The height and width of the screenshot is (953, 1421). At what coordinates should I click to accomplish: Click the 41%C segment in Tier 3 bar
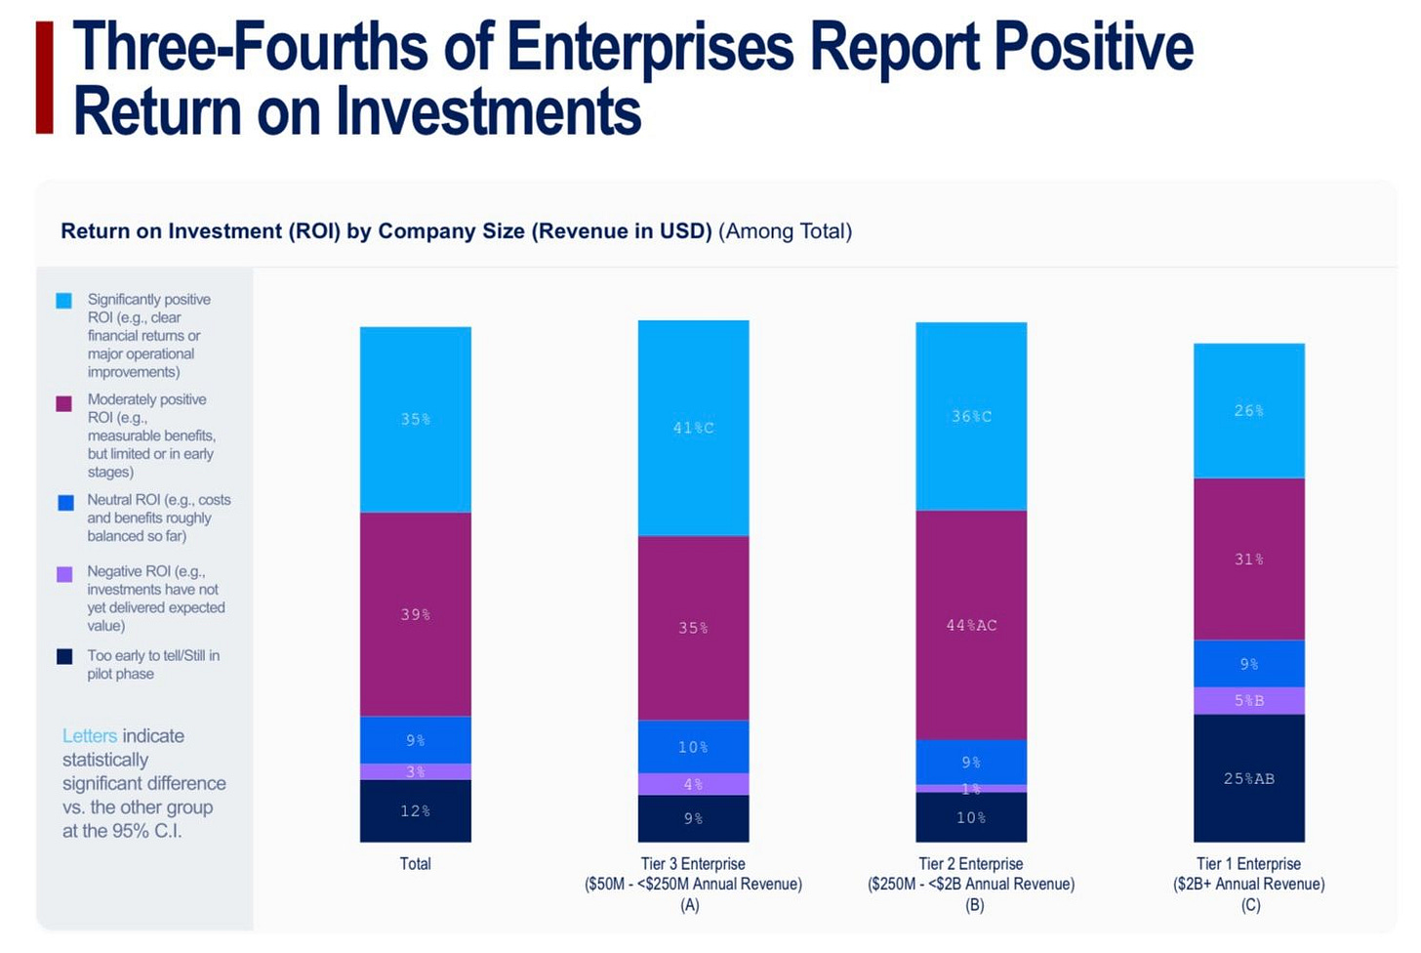[693, 428]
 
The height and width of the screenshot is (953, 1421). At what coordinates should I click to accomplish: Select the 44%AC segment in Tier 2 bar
[971, 625]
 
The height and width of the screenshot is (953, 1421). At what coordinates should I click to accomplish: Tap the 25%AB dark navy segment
[1248, 778]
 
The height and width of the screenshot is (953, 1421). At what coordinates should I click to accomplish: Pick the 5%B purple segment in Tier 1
[1248, 700]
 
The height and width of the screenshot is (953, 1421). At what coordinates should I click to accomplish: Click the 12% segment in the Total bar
[415, 810]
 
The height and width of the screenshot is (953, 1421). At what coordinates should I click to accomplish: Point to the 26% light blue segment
[1248, 411]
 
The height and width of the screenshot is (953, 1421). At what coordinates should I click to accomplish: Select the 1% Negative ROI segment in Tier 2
[971, 788]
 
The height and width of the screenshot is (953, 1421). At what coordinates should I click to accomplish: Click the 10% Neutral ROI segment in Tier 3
[693, 747]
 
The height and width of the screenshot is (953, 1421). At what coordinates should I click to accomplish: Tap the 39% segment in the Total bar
[415, 614]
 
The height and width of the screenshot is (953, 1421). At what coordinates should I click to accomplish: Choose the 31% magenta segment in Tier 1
[1248, 559]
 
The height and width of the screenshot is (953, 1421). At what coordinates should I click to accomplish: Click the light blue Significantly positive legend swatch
[64, 301]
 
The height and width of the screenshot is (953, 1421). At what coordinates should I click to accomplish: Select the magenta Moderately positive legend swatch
[64, 403]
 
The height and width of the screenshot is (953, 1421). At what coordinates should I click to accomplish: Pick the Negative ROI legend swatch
[64, 574]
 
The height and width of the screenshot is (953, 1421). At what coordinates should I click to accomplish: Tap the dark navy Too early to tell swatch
[64, 657]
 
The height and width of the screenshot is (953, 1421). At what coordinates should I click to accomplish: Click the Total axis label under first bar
[415, 864]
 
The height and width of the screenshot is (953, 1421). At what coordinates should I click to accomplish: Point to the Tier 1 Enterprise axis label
[1248, 864]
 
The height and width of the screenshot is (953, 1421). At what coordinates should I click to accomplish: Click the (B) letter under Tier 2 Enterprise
[974, 905]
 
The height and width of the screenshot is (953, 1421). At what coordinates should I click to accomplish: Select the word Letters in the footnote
[90, 736]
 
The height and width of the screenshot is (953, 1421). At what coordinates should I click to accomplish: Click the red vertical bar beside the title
[44, 78]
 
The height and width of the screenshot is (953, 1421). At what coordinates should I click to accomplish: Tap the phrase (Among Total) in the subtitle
[785, 231]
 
